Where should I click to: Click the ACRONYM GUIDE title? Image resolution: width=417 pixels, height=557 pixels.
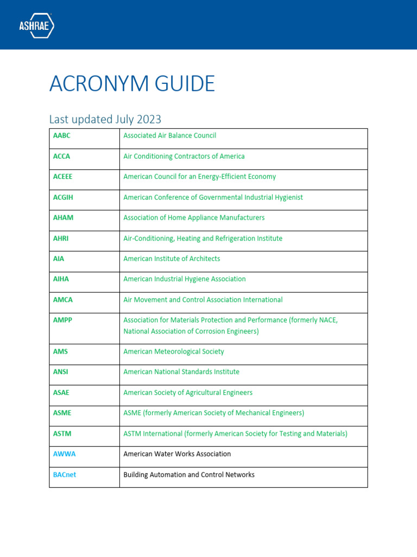click(132, 84)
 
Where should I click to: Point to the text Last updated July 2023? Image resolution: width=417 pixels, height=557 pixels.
click(105, 119)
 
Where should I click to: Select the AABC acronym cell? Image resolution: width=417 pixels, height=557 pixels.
click(62, 135)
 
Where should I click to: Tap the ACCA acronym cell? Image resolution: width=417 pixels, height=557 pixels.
click(62, 156)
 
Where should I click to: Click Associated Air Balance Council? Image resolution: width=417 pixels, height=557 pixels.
click(169, 135)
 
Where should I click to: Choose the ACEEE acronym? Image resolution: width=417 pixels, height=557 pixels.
click(63, 177)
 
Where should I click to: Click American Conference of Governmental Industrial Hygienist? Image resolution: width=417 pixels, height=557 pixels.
click(213, 197)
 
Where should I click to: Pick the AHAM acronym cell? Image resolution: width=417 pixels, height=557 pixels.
click(63, 218)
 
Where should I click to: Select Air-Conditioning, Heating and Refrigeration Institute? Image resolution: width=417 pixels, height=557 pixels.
click(203, 238)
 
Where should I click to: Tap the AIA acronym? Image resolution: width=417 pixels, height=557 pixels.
click(59, 259)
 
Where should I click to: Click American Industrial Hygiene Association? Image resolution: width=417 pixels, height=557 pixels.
click(184, 279)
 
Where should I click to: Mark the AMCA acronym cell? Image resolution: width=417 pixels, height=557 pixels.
click(63, 300)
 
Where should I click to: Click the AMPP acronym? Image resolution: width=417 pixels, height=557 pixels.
click(62, 320)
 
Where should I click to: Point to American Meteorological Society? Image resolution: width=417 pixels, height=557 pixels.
click(173, 351)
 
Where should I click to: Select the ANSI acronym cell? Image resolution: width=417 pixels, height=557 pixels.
click(61, 372)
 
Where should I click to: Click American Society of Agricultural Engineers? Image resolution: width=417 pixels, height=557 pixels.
click(187, 393)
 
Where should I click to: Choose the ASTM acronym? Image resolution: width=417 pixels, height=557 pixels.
click(62, 434)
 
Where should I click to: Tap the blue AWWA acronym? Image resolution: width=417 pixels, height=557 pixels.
click(64, 454)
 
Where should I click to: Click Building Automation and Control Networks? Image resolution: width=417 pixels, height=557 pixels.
click(188, 475)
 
